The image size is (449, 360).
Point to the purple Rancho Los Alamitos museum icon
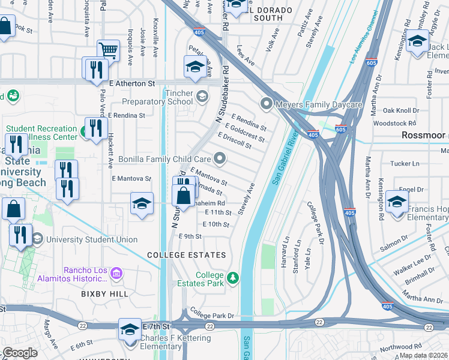point(116,274)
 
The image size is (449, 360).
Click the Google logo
point(20,353)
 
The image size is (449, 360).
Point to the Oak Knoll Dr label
point(400,110)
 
